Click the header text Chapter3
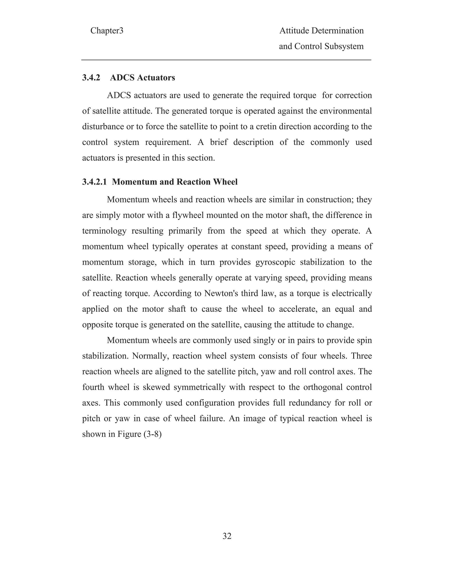pos(107,31)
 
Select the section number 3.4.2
pos(91,78)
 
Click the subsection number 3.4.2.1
pos(94,182)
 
